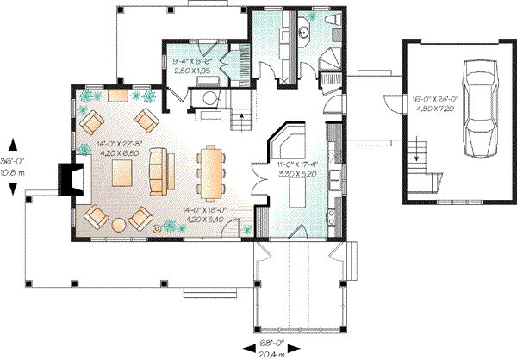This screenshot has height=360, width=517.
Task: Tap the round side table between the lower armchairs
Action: click(157, 228)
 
